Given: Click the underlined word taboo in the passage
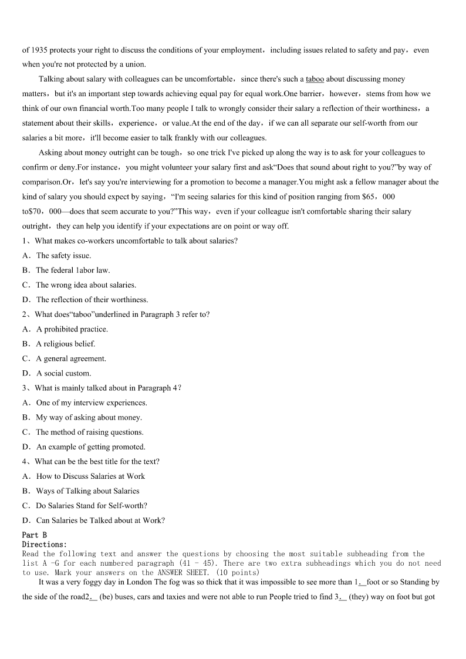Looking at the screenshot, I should coord(315,79).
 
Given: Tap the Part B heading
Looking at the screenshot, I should coord(35,535).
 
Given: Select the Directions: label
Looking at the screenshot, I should coord(45,544).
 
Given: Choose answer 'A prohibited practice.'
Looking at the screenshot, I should coord(72,329).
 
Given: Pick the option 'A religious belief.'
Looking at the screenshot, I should coord(65,344).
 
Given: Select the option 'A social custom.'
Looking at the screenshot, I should coord(63,373).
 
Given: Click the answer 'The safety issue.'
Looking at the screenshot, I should coord(63,255).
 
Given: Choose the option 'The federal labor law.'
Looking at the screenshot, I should coord(73,270).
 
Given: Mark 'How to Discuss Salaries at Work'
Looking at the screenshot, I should coord(90,476).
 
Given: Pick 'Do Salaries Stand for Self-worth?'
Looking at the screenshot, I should coord(92,505).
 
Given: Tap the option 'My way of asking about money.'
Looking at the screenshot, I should coord(89,417).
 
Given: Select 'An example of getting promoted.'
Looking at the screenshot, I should coord(90,447).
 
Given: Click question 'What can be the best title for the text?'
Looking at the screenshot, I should coord(97,461).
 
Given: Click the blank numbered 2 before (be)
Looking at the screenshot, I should coord(93,597).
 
